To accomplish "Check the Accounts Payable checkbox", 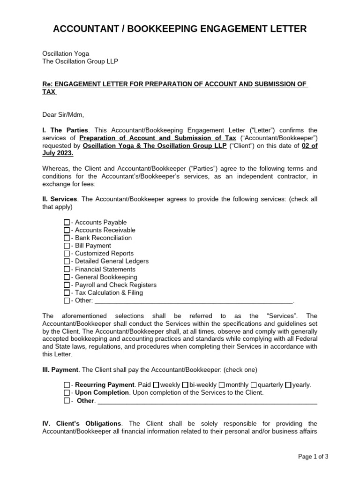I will (67, 222).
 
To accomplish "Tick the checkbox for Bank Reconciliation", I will (67, 238).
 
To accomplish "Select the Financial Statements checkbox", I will (67, 269).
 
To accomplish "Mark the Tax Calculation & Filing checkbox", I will (67, 292).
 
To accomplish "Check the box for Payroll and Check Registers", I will (67, 285).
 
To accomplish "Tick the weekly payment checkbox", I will (157, 385).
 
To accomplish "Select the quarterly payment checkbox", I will (254, 385).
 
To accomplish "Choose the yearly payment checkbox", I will (288, 385).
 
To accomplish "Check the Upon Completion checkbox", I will (67, 393).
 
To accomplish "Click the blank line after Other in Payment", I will (207, 401).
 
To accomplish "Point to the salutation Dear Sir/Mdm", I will (63, 114).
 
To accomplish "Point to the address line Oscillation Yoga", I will (66, 54).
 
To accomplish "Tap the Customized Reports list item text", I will (104, 254).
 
